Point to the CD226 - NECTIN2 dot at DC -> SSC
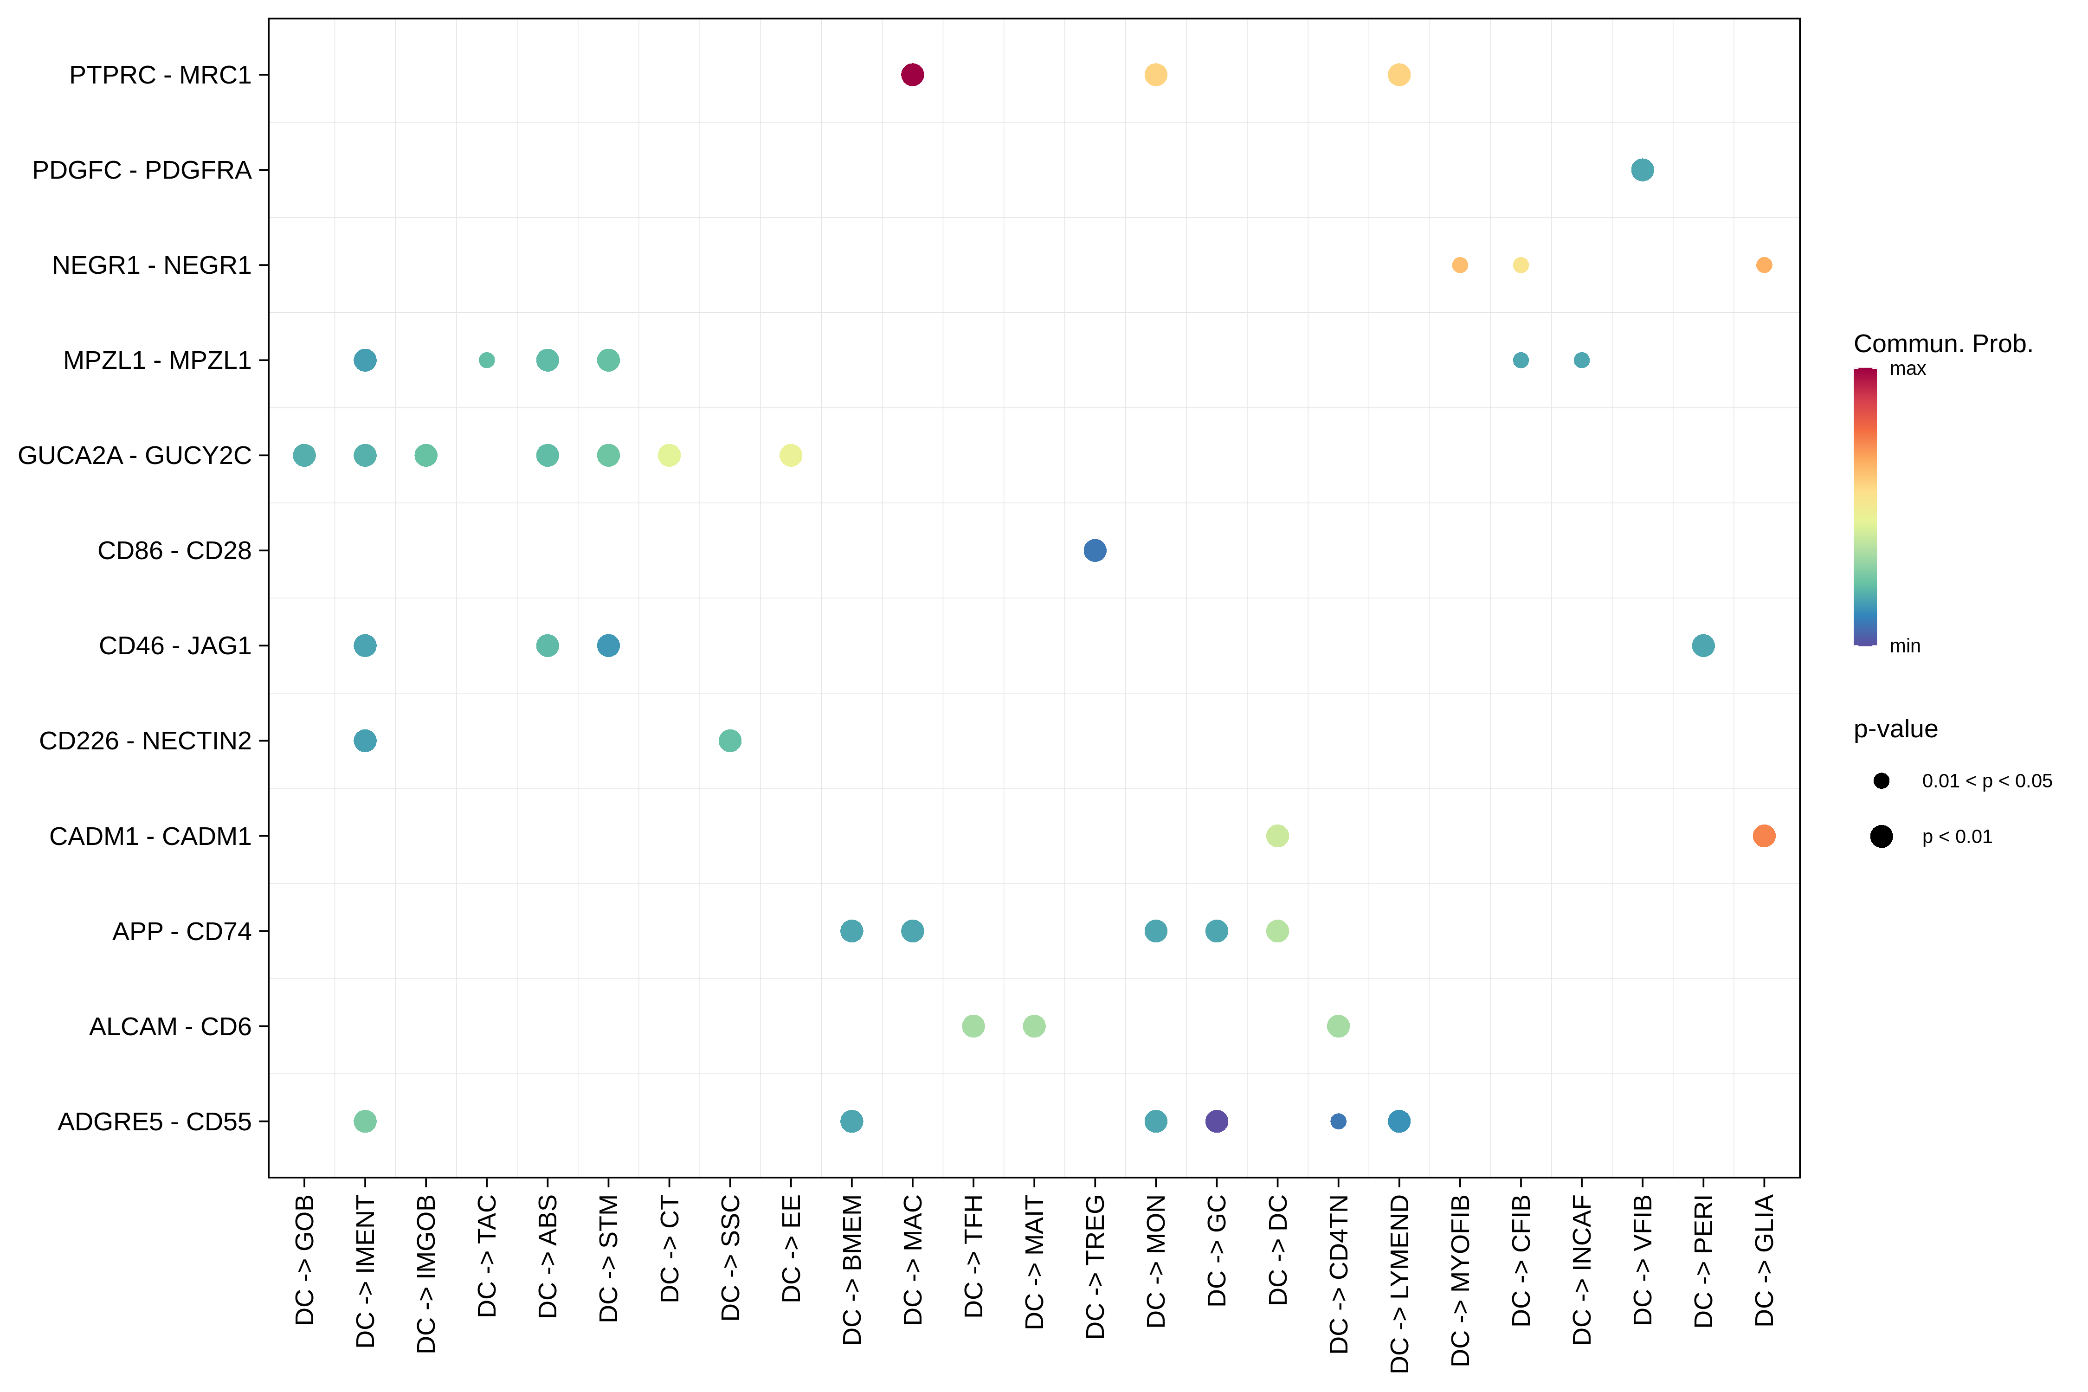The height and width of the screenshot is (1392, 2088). [730, 741]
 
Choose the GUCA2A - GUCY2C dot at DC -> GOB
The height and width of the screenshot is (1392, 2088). [303, 456]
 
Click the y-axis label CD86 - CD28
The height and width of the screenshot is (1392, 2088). [174, 550]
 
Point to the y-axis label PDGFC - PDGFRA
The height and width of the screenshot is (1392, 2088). [142, 169]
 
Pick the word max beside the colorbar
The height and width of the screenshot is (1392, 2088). [1908, 368]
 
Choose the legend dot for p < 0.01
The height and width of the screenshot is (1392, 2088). [1881, 836]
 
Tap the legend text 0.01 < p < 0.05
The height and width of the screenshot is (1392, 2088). [1987, 781]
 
